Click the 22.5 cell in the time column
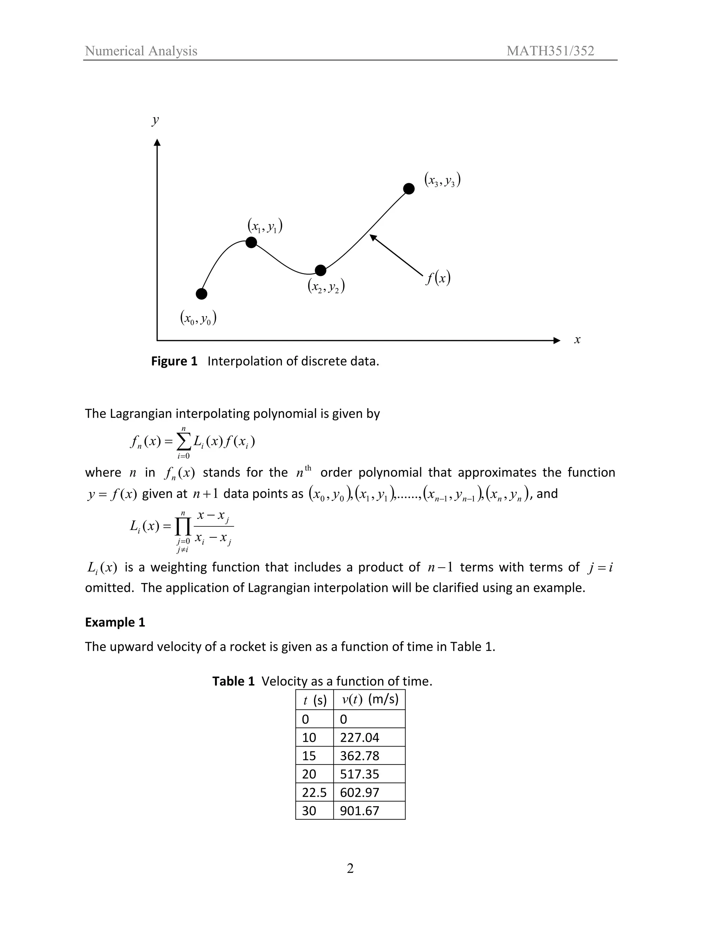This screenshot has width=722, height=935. (314, 792)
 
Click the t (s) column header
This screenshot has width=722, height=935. (314, 700)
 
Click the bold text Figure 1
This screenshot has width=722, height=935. (174, 361)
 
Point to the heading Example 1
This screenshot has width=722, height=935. (115, 622)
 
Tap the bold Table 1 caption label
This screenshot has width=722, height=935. (233, 681)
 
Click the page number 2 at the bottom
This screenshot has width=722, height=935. (350, 869)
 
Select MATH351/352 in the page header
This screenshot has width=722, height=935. (550, 51)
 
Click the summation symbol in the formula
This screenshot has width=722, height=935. (183, 441)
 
